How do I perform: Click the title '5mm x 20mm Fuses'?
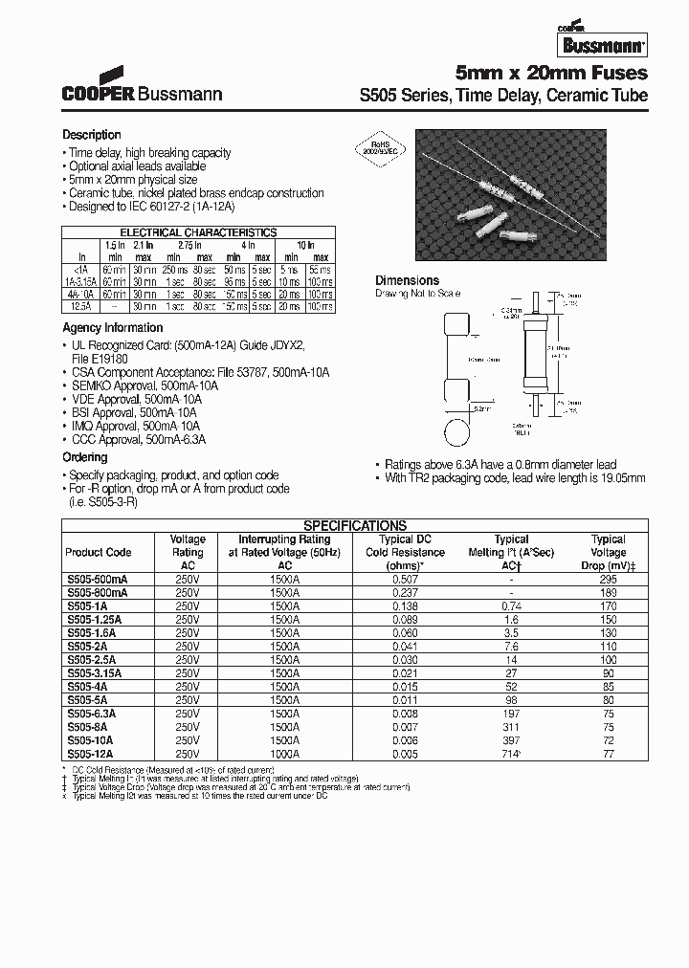[551, 74]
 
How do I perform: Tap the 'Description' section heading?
[92, 135]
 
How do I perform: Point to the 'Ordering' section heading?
[85, 458]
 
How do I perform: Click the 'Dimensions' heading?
[407, 280]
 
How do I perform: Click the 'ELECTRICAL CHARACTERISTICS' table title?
[198, 232]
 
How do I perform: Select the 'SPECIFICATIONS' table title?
[355, 525]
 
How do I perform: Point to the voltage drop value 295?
[608, 579]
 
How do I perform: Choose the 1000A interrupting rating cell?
[282, 753]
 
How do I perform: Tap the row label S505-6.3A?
[90, 713]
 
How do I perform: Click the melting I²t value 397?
[512, 739]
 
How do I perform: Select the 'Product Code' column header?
[98, 553]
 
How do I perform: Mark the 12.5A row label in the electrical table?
[82, 307]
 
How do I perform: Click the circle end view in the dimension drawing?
[458, 429]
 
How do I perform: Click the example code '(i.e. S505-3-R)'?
[98, 502]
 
